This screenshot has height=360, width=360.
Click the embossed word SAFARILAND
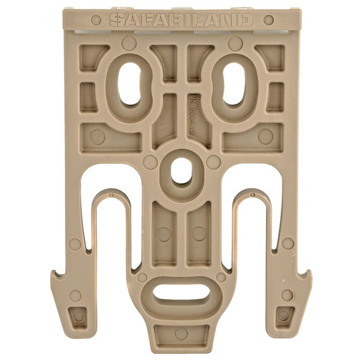[181, 21]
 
